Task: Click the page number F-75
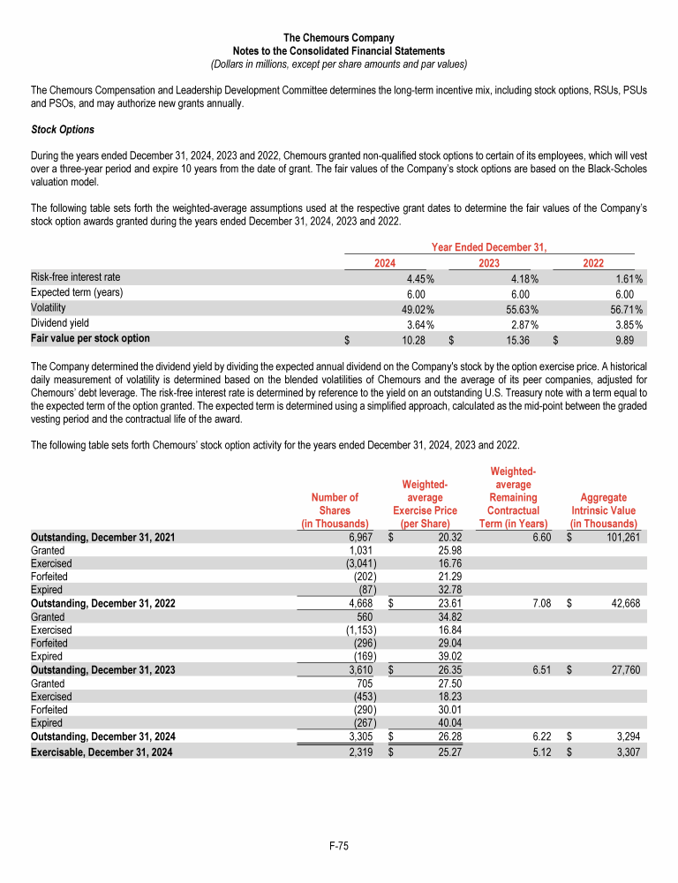pyautogui.click(x=338, y=846)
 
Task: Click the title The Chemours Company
pyautogui.click(x=338, y=38)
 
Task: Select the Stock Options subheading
pyautogui.click(x=63, y=130)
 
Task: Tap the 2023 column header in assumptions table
pyautogui.click(x=490, y=262)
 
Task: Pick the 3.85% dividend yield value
pyautogui.click(x=628, y=323)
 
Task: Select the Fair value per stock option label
pyautogui.click(x=90, y=338)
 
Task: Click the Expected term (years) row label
pyautogui.click(x=76, y=293)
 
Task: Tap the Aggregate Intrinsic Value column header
pyautogui.click(x=604, y=510)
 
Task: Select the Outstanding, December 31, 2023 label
pyautogui.click(x=102, y=669)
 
